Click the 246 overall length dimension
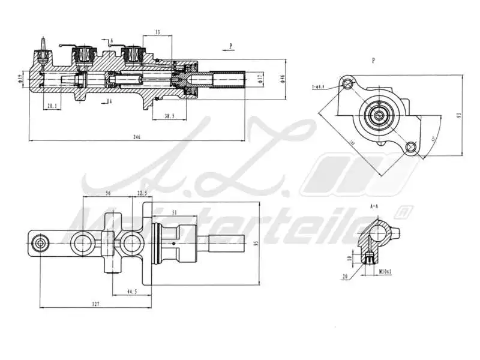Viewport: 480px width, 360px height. pyautogui.click(x=136, y=137)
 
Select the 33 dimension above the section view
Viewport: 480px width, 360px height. pyautogui.click(x=157, y=32)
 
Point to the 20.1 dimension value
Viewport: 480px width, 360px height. pyautogui.click(x=52, y=106)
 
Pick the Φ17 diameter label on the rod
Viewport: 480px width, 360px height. pyautogui.click(x=259, y=78)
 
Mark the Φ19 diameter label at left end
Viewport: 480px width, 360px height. pyautogui.click(x=21, y=78)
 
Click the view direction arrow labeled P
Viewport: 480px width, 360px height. pyautogui.click(x=230, y=45)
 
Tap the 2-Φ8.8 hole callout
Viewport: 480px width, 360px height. pyautogui.click(x=319, y=87)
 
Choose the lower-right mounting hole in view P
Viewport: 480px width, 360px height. pyautogui.click(x=410, y=146)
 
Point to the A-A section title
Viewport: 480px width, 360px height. pyautogui.click(x=374, y=206)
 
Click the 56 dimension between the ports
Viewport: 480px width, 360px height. pyautogui.click(x=108, y=193)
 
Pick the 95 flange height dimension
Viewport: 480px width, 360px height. pyautogui.click(x=256, y=244)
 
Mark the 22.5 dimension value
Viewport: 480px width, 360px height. pyautogui.click(x=142, y=193)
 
